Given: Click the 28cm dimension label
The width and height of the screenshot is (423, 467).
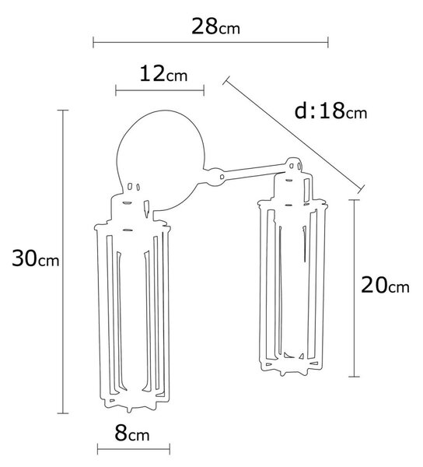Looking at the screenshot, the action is (215, 26).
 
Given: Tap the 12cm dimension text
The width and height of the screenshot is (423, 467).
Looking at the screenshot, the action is (163, 74).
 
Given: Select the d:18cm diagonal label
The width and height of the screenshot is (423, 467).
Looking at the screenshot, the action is (330, 111).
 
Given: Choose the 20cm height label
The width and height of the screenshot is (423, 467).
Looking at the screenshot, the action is (385, 285).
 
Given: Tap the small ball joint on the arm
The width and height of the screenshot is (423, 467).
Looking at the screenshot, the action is (215, 177).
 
